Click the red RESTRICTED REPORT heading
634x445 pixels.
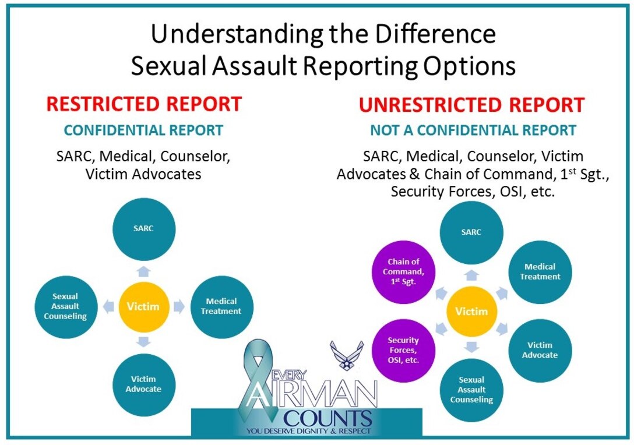(144, 104)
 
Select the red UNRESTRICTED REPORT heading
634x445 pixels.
(471, 105)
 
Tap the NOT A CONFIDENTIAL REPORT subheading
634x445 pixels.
(473, 130)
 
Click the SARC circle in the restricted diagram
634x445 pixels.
(143, 228)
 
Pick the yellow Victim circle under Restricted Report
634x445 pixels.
(143, 306)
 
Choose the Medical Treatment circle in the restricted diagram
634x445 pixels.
(221, 306)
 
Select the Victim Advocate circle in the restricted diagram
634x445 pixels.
(143, 384)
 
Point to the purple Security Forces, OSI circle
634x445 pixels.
(403, 349)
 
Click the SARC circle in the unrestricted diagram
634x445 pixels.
(471, 232)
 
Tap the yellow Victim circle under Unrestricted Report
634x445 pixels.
(471, 311)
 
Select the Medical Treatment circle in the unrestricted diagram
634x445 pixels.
(540, 272)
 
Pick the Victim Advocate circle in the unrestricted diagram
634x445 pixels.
(540, 350)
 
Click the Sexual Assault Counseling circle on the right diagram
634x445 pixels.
(471, 390)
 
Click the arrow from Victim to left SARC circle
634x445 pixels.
(143, 271)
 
